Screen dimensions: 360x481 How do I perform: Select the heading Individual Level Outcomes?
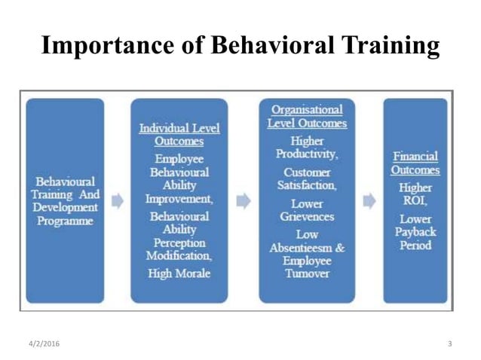coord(179,134)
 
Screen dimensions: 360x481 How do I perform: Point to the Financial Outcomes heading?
coord(415,163)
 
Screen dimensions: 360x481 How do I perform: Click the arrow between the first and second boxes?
coord(118,201)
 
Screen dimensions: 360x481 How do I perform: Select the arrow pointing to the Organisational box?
coord(243,201)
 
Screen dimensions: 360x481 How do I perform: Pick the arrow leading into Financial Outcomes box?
coord(369,201)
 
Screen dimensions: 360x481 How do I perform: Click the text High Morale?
coord(179,273)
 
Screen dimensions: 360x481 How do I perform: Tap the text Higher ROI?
coord(415,194)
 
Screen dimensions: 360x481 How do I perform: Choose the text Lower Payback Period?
coord(415,231)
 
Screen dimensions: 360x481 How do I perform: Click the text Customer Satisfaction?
coord(307,178)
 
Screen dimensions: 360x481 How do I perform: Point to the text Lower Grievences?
coord(307,210)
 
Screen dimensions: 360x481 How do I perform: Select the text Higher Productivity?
coord(307,147)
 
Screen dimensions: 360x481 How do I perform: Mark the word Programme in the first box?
coord(66,221)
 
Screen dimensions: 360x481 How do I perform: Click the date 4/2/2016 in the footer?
coord(41,344)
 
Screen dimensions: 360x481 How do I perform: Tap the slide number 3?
coord(449,344)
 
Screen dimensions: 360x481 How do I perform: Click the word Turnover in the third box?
coord(307,274)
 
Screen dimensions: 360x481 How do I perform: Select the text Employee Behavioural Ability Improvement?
coord(179,178)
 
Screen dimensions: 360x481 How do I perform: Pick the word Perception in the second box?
coord(179,243)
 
